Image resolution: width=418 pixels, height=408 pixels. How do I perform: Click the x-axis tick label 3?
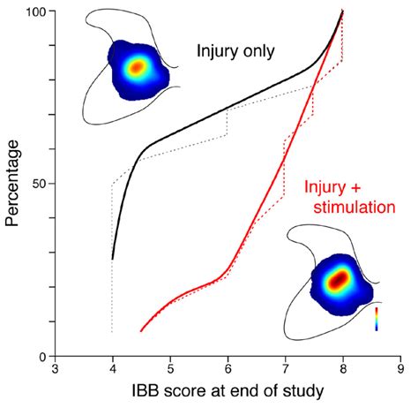coord(56,372)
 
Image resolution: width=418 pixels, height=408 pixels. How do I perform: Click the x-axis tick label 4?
coord(113,372)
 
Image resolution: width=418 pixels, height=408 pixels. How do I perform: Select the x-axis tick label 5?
coord(170,372)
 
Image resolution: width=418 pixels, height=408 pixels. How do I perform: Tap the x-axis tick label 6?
coord(228,372)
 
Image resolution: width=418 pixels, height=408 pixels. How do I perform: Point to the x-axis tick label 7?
coord(285,372)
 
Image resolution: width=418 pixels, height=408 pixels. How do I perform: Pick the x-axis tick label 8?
coord(342,372)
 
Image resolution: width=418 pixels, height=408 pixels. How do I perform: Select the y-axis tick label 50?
coord(39,184)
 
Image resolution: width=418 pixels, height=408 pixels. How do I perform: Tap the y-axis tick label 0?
coord(42,356)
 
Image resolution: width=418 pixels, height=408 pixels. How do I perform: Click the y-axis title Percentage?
coord(12,184)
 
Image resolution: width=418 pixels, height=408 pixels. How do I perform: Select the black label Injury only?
coord(235,51)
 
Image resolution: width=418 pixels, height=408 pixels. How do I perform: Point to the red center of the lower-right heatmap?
coord(339,279)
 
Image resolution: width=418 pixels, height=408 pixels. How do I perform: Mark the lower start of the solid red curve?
coord(141,331)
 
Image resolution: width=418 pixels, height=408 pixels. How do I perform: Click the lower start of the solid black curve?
coord(113,259)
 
